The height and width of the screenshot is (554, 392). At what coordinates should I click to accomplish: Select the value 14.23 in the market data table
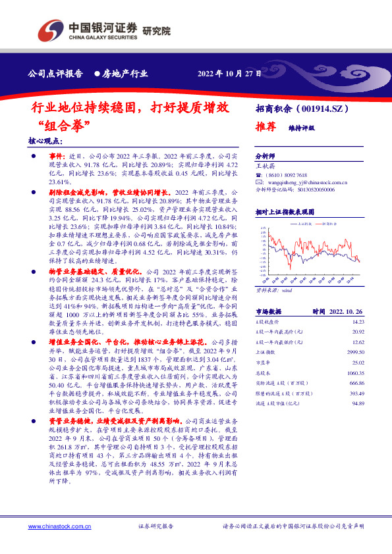tap(358, 322)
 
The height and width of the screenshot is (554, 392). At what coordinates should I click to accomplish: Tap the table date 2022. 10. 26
tap(344, 311)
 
